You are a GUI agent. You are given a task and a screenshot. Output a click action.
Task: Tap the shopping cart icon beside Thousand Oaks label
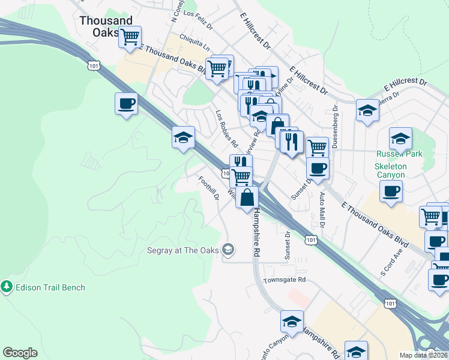129,37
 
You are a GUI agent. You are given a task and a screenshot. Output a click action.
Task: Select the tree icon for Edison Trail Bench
7,287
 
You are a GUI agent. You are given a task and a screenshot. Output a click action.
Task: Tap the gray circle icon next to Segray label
228,248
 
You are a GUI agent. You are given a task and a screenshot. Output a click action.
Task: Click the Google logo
20,353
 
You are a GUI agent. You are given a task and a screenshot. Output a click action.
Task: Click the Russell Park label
399,154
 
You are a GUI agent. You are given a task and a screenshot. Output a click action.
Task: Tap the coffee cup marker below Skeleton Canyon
391,191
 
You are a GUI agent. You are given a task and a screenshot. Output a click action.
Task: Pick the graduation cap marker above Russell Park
400,139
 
